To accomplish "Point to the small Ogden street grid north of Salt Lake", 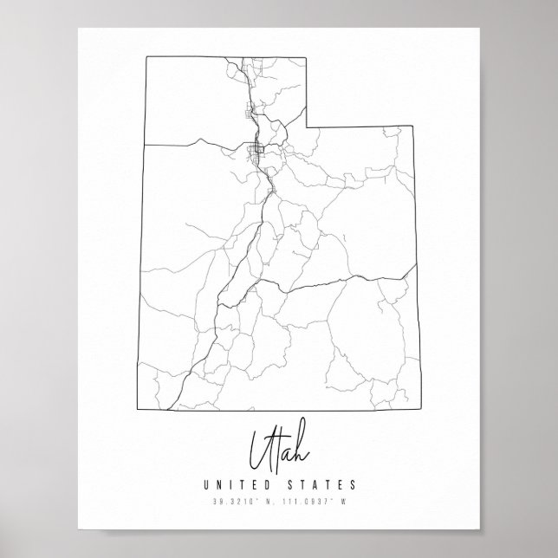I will (251, 110).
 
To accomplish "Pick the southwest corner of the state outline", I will (138, 404).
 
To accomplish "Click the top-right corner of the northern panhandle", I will (307, 57).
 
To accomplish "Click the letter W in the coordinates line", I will (344, 501).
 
